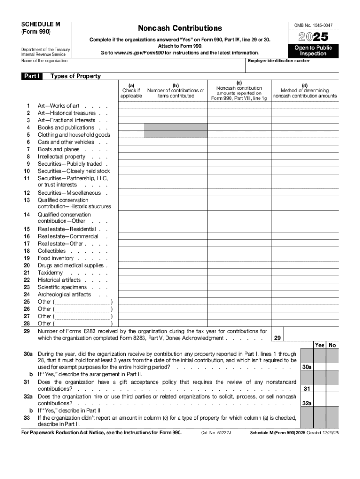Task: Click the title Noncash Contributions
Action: coord(180,29)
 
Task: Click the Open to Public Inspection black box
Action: coord(313,51)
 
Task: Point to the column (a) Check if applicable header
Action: coord(131,91)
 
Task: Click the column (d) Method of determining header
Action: coord(305,91)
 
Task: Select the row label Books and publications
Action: coord(66,127)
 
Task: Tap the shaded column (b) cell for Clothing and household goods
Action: coord(175,135)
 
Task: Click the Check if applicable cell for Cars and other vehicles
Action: coord(131,142)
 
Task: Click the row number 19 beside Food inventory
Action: coord(27,258)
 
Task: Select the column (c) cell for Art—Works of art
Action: coord(239,106)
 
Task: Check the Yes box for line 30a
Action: coord(320,367)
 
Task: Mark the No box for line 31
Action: coord(332,389)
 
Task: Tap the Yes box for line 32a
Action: coord(320,403)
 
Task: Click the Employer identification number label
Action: coord(279,61)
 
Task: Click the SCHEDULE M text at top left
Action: coord(41,24)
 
